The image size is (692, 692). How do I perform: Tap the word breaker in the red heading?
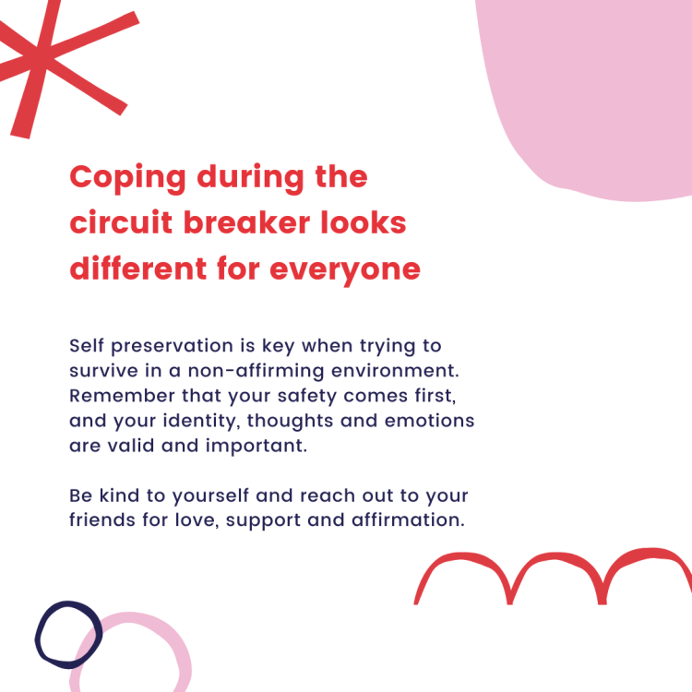pyautogui.click(x=246, y=222)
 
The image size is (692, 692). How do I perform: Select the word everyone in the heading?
pyautogui.click(x=345, y=269)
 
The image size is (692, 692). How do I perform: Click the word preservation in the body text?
pyautogui.click(x=172, y=347)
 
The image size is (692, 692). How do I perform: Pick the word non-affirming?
pyautogui.click(x=256, y=371)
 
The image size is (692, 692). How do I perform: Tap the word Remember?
pyautogui.click(x=122, y=396)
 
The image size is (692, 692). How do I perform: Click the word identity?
pyautogui.click(x=201, y=422)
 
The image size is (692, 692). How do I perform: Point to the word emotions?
pyautogui.click(x=429, y=421)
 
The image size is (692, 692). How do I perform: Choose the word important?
pyautogui.click(x=256, y=447)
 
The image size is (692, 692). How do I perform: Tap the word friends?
pyautogui.click(x=101, y=519)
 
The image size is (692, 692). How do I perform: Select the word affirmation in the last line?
pyautogui.click(x=408, y=519)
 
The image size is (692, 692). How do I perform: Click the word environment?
pyautogui.click(x=395, y=371)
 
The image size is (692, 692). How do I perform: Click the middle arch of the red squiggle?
pyautogui.click(x=555, y=557)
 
